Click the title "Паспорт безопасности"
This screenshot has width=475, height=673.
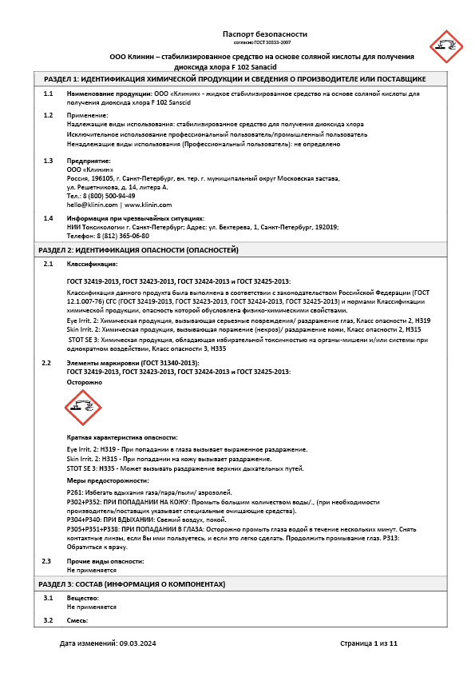[x=264, y=34]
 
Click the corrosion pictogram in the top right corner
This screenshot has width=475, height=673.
[x=445, y=46]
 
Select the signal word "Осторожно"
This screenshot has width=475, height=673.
[x=85, y=382]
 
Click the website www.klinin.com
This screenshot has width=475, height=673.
[x=148, y=205]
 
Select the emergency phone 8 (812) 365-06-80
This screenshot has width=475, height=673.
[x=121, y=236]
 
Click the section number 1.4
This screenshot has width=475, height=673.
[x=48, y=218]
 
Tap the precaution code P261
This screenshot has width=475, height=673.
[x=76, y=493]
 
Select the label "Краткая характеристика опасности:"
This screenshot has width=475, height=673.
[x=122, y=437]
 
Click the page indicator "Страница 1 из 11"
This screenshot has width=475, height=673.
[x=368, y=643]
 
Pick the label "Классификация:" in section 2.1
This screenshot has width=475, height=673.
[x=92, y=264]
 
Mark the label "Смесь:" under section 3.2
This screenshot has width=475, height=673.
[x=77, y=620]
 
